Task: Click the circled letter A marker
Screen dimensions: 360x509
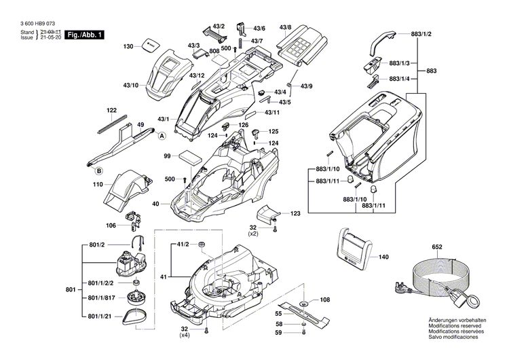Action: (x=162, y=136)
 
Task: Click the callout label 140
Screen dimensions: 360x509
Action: (x=383, y=257)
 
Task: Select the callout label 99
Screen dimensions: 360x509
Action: (x=166, y=156)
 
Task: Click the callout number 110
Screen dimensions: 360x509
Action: (x=98, y=185)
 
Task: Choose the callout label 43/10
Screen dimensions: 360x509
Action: (x=130, y=85)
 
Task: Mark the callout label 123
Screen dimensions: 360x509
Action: (x=295, y=214)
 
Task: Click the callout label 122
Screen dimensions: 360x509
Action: (x=111, y=109)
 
